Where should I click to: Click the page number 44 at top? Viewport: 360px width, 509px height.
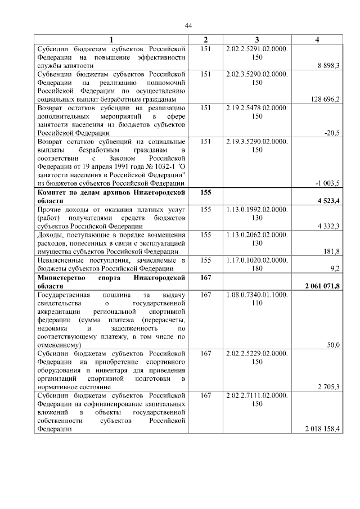point(189,26)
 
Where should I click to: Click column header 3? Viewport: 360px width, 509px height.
point(256,39)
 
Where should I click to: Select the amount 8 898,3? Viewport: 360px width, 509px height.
point(328,66)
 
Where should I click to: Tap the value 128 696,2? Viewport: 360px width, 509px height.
point(325,99)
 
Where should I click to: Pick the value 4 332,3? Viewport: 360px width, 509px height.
point(328,226)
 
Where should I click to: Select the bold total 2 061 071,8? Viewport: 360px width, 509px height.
point(322,286)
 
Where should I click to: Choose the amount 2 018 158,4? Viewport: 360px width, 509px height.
point(322,429)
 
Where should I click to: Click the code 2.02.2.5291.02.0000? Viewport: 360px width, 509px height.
point(256,49)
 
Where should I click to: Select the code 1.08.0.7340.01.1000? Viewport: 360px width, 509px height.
point(256,294)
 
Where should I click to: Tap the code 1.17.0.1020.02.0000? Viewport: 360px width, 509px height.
point(256,260)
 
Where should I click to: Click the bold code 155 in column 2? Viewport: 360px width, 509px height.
point(205,192)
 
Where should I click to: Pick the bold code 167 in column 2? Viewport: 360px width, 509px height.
point(205,277)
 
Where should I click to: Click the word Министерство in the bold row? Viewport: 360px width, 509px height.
point(60,277)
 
